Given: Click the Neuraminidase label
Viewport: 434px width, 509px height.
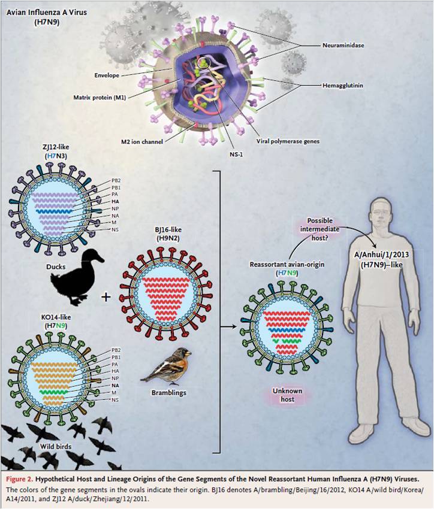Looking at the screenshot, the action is click(x=343, y=46).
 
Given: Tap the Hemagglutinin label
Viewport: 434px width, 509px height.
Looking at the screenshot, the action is click(x=343, y=86).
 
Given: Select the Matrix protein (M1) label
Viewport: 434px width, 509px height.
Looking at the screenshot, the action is click(x=100, y=97).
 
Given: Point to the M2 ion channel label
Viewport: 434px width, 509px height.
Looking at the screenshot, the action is click(x=142, y=141).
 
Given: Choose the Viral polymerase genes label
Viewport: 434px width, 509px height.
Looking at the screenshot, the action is click(x=288, y=141).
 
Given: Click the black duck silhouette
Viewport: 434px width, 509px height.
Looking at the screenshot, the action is click(x=77, y=277).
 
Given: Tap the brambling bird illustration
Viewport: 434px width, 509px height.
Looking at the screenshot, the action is click(x=166, y=365).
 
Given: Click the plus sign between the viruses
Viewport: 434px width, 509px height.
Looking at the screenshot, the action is click(x=106, y=296).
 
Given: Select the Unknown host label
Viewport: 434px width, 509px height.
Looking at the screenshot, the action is click(x=288, y=395).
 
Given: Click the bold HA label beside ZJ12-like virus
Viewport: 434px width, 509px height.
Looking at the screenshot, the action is click(x=115, y=201).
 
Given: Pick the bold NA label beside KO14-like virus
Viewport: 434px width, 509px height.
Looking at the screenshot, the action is click(x=115, y=386).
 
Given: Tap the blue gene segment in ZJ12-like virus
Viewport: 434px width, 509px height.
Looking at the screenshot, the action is click(x=53, y=211).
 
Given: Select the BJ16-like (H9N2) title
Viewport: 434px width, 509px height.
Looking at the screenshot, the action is click(x=168, y=234).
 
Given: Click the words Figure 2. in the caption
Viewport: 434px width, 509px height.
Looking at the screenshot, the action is click(x=20, y=479).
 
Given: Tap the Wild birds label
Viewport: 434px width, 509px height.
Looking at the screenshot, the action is click(x=56, y=446).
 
